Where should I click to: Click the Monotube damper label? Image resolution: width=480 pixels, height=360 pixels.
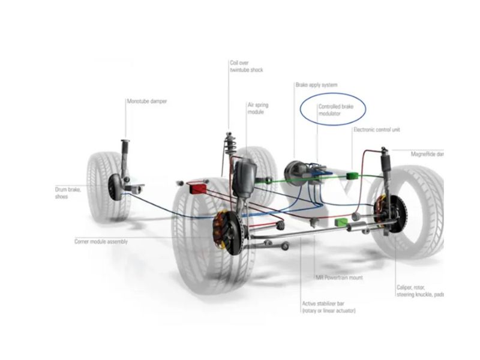[x=146, y=101]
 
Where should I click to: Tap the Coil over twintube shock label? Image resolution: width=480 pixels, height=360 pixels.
[x=246, y=66]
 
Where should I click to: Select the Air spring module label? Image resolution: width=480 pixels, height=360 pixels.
[x=258, y=109]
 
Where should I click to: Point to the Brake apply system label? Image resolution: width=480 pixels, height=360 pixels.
[x=316, y=85]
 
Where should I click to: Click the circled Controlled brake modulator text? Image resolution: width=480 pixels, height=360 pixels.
[x=337, y=109]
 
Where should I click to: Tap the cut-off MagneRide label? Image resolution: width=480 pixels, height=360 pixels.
[x=427, y=154]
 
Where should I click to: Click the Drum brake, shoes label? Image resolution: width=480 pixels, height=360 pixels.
[x=67, y=193]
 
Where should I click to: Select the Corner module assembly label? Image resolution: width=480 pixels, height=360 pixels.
[x=100, y=241]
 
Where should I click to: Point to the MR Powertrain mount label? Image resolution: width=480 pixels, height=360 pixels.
[x=339, y=278]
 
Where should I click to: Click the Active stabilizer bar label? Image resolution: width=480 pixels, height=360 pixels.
[x=329, y=307]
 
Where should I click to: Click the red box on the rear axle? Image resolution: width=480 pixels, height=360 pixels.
[x=197, y=188]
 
